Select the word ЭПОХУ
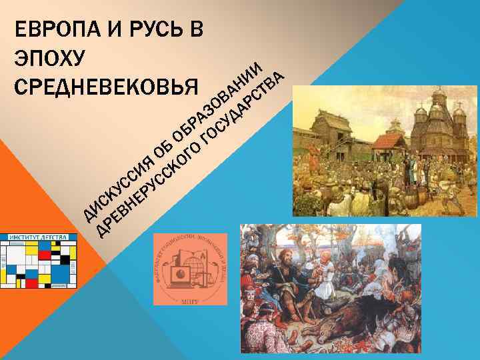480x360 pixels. pos(49,58)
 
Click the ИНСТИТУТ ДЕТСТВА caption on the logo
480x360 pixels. pos(39,237)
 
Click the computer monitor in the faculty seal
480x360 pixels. pos(179,273)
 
